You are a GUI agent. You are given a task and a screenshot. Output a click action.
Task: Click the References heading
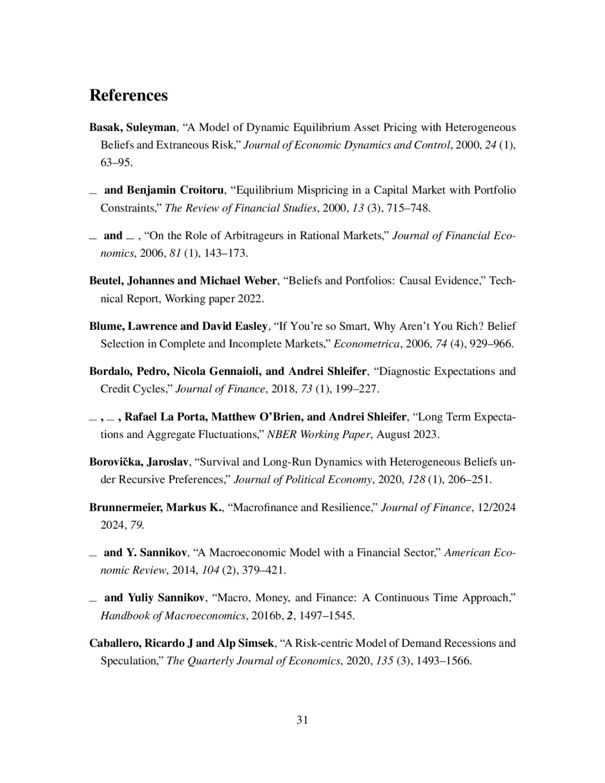tap(128, 95)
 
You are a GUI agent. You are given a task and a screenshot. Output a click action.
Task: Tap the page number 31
tap(302, 720)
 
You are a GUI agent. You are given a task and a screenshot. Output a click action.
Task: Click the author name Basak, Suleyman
tap(132, 127)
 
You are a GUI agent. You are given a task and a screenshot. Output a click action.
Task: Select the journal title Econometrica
tap(367, 344)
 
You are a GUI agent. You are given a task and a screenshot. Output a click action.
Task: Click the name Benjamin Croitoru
tap(175, 190)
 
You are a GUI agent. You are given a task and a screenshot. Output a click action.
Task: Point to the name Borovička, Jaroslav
tap(138, 462)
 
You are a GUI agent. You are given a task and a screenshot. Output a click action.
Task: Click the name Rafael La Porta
tap(166, 417)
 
